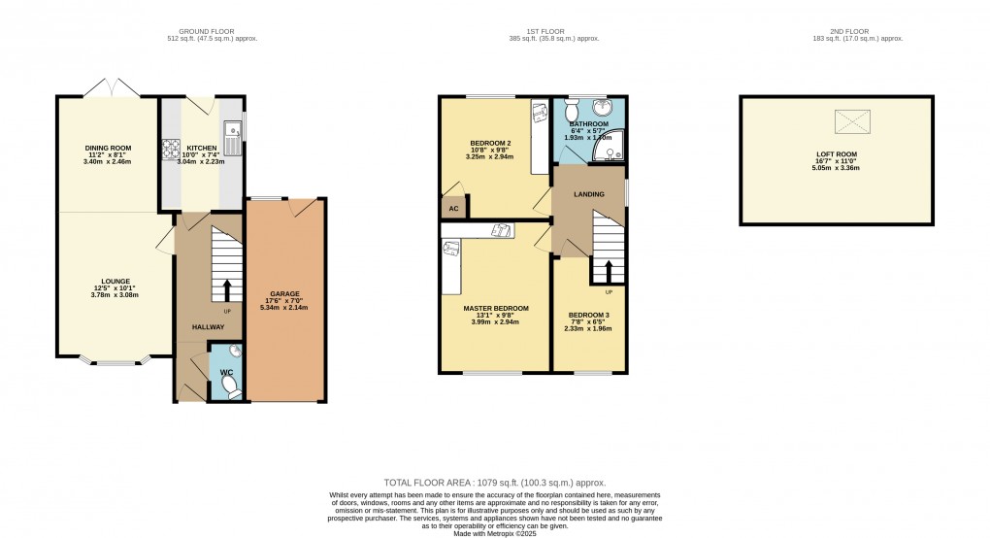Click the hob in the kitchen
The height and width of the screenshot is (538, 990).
click(x=168, y=149)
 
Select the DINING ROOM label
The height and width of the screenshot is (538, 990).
click(x=108, y=148)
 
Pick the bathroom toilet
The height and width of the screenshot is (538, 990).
click(x=571, y=110)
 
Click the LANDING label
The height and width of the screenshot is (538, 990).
click(x=589, y=194)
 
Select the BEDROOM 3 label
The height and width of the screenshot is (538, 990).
click(x=589, y=316)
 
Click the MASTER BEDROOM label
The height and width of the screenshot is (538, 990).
click(x=496, y=308)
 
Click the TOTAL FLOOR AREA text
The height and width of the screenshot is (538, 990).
click(x=495, y=482)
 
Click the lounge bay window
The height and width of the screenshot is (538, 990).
click(x=115, y=363)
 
